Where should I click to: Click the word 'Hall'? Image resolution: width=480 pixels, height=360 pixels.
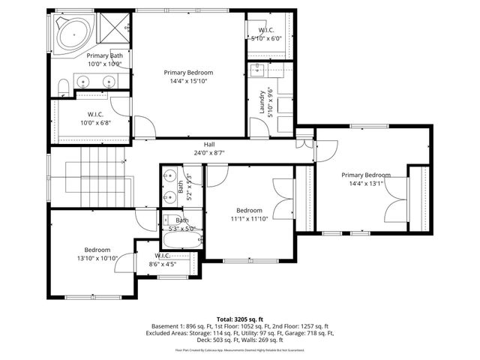pyautogui.click(x=209, y=144)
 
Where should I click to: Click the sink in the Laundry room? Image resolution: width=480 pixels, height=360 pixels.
pyautogui.click(x=259, y=73)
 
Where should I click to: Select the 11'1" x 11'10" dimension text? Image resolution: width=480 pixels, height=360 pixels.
pyautogui.click(x=249, y=218)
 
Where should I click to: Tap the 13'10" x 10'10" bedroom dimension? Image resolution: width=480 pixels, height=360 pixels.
pyautogui.click(x=97, y=258)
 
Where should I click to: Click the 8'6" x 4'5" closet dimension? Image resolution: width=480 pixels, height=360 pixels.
pyautogui.click(x=163, y=264)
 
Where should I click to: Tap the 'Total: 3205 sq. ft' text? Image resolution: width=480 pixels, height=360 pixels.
pyautogui.click(x=241, y=319)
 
